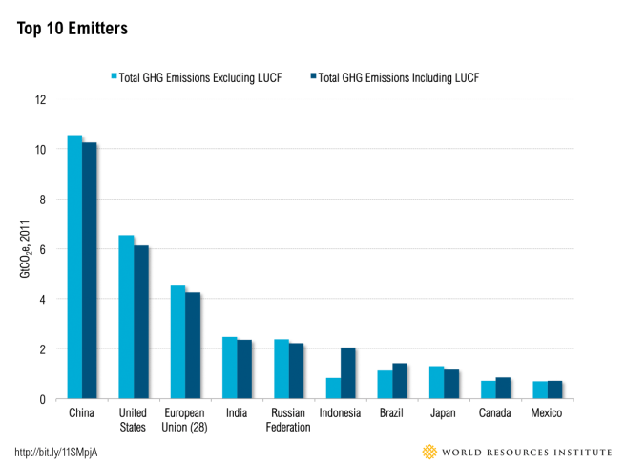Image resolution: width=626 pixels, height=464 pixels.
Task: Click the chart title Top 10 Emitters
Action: [73, 29]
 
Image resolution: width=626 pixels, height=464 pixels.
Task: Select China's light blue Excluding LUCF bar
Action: [74, 267]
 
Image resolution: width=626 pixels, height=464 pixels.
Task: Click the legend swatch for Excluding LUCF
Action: [114, 77]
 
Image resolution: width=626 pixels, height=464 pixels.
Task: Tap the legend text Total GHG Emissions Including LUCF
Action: [398, 77]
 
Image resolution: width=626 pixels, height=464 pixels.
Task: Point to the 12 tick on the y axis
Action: [40, 100]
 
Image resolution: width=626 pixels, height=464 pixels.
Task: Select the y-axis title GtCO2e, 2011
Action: [25, 249]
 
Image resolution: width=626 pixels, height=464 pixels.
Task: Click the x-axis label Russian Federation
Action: [289, 420]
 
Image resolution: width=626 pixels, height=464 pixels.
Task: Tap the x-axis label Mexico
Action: [547, 413]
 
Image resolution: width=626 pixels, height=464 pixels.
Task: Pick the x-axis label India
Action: [237, 413]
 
